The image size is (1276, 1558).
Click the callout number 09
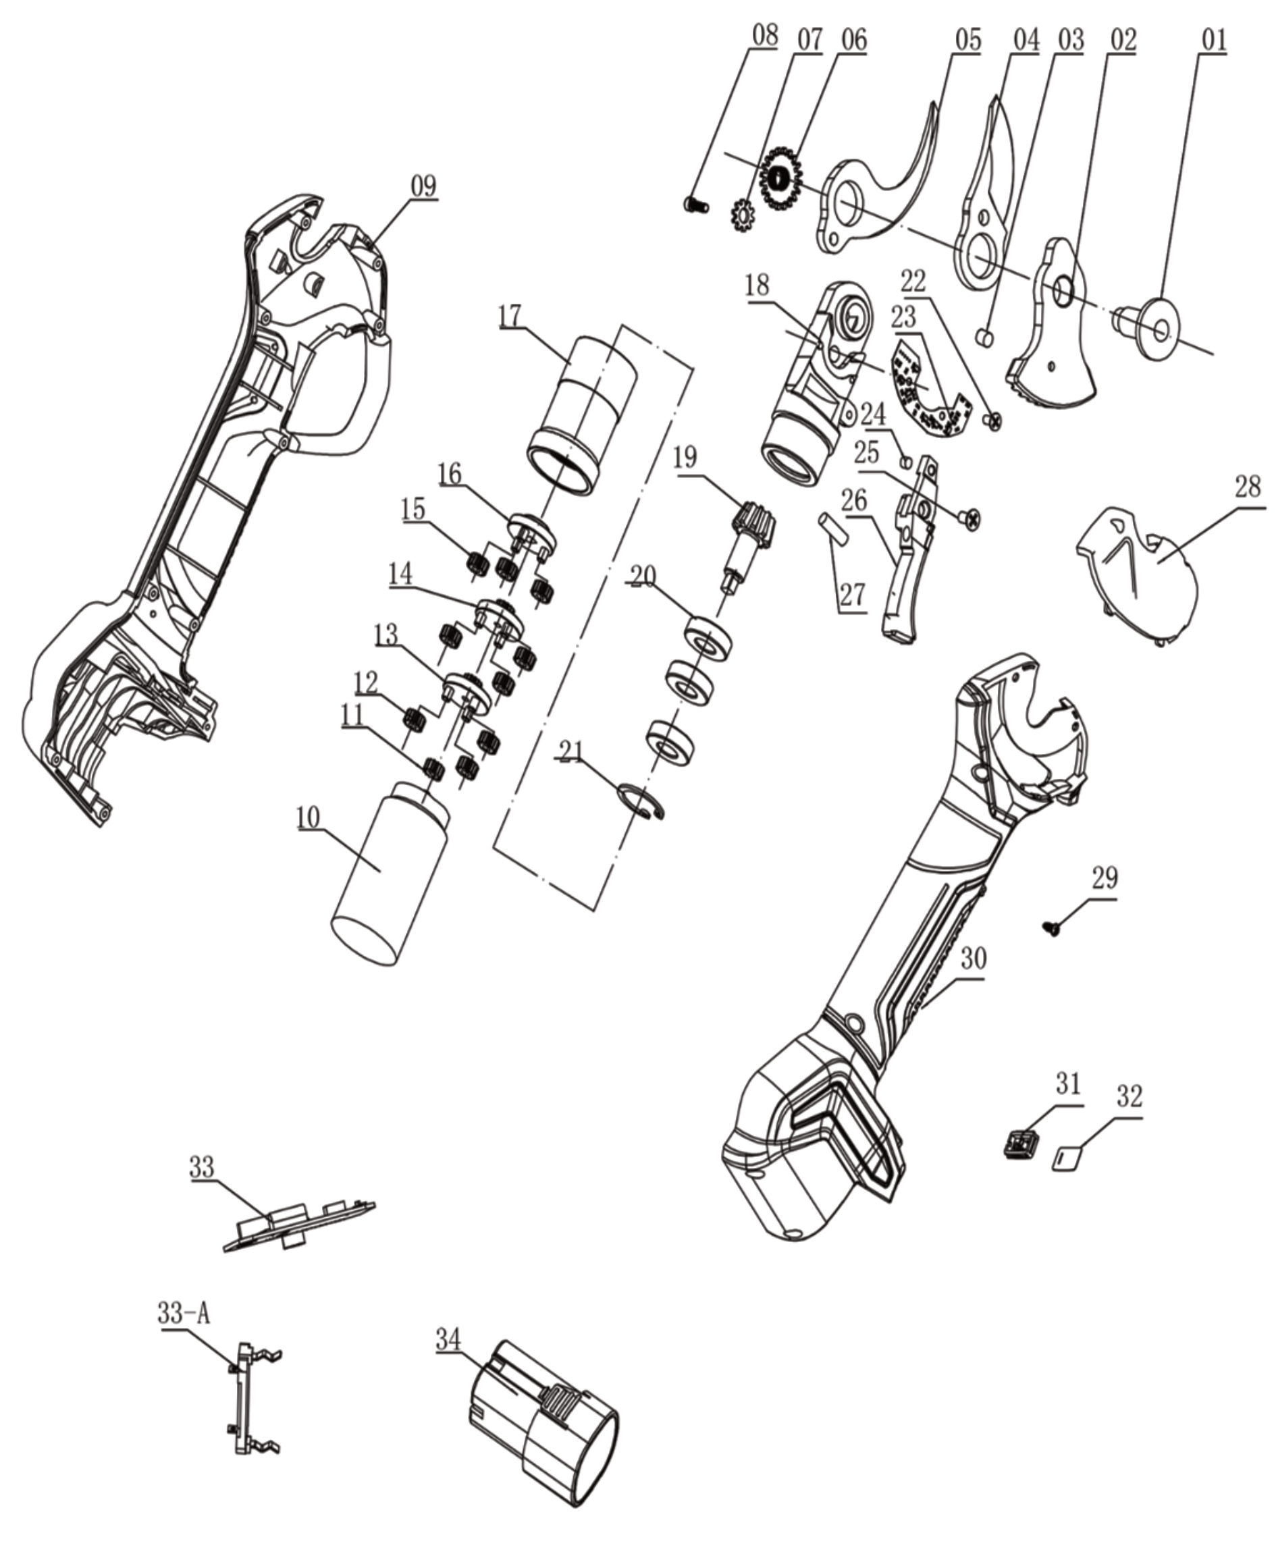click(x=423, y=185)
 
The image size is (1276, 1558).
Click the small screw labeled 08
click(x=697, y=205)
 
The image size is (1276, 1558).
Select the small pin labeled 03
click(x=985, y=338)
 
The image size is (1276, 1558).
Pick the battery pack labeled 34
click(x=542, y=1419)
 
